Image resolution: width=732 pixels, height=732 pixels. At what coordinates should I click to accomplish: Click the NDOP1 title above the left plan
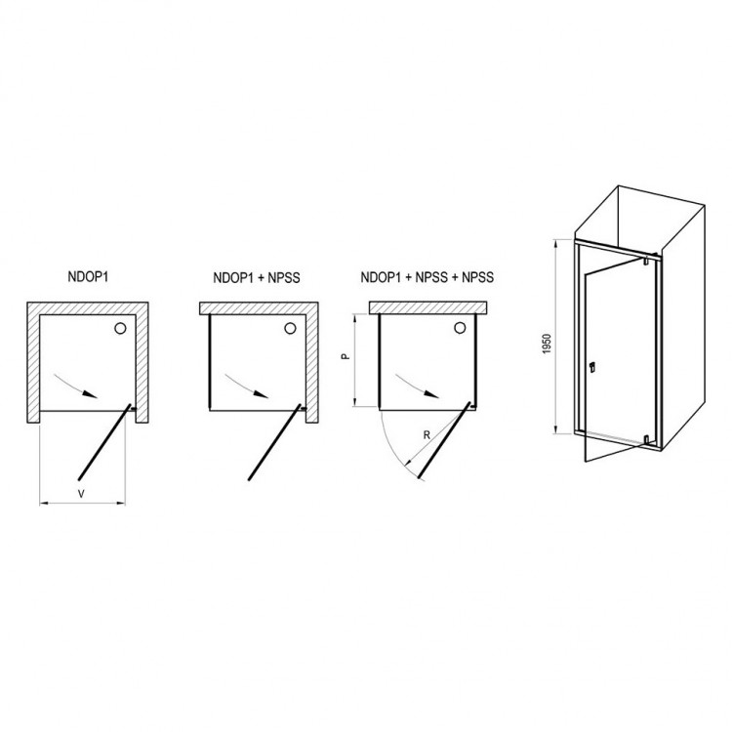88,276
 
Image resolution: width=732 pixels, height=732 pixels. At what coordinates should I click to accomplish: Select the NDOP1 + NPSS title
257,277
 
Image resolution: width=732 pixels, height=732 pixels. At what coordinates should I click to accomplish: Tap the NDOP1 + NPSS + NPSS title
427,277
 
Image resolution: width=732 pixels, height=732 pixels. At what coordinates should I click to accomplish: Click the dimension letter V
81,494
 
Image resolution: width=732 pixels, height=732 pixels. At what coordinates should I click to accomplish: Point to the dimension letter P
345,356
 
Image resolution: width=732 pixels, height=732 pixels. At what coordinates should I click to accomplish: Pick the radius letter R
427,435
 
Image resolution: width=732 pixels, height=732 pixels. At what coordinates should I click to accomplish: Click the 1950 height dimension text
548,344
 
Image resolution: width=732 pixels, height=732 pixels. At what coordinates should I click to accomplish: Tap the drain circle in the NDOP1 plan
120,328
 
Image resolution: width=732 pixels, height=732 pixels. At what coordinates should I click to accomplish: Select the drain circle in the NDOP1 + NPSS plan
291,328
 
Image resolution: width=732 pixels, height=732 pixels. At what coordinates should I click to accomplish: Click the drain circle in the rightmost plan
460,328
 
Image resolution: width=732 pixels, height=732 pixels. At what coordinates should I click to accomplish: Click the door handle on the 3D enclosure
592,367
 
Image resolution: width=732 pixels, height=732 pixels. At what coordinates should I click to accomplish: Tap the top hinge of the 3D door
646,260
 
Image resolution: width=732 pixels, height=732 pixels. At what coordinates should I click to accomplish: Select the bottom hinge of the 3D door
646,439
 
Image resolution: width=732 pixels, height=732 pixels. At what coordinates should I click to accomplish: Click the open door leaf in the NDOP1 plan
104,441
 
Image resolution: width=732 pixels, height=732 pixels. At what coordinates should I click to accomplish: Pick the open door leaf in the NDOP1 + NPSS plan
274,441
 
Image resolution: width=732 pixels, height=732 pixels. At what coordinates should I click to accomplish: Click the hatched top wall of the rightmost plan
428,307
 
